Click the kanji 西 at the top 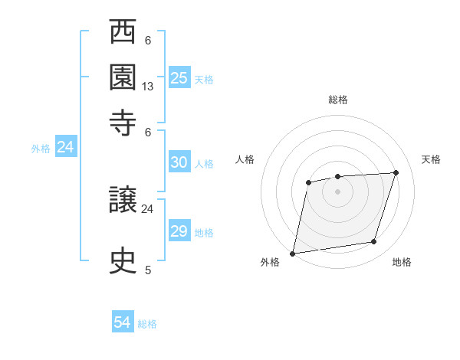123,34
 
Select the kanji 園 123,78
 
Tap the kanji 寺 123,122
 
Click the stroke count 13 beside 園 148,87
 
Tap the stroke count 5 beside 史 148,270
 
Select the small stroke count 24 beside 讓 148,208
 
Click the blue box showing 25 179,77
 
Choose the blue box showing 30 179,162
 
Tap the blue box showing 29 179,231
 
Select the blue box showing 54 123,322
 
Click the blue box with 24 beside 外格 65,147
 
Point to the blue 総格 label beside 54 147,324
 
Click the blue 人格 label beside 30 204,164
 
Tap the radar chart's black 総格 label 337,100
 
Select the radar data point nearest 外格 293,253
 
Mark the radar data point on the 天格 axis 396,172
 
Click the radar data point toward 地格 374,242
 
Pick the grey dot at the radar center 337,191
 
